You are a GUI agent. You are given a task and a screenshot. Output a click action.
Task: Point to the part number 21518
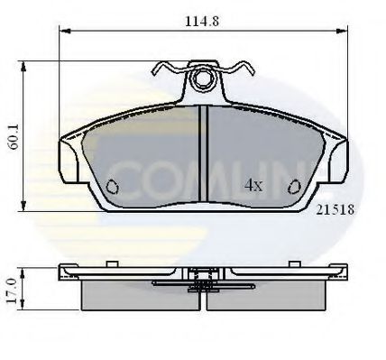click(x=334, y=208)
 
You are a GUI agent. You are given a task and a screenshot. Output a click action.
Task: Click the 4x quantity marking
click(x=253, y=185)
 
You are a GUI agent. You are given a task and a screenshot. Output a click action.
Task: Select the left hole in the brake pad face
click(x=113, y=187)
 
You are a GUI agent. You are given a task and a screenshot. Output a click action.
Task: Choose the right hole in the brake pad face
click(x=295, y=187)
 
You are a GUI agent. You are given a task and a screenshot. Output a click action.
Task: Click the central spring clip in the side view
click(x=204, y=282)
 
